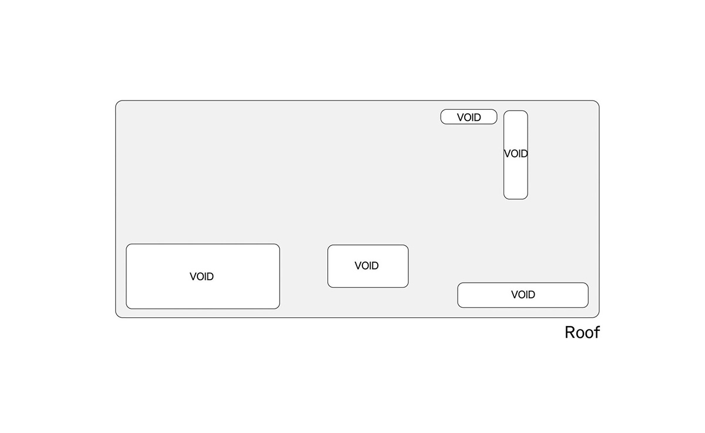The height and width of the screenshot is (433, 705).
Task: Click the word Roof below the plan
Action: pyautogui.click(x=582, y=333)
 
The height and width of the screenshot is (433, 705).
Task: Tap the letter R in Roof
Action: pyautogui.click(x=570, y=333)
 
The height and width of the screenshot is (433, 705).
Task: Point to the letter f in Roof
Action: pyautogui.click(x=596, y=332)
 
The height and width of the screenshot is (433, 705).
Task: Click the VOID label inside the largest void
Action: pyautogui.click(x=202, y=277)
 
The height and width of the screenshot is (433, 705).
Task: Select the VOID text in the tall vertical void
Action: pyautogui.click(x=516, y=154)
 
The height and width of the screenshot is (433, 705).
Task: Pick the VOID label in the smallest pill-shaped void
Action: pyautogui.click(x=469, y=118)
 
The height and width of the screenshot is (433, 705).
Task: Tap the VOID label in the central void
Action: pyautogui.click(x=367, y=266)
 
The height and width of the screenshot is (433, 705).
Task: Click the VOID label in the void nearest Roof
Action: pyautogui.click(x=523, y=295)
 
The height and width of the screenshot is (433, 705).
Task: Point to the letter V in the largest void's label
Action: pyautogui.click(x=193, y=277)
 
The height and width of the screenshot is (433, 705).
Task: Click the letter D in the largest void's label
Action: pyautogui.click(x=210, y=277)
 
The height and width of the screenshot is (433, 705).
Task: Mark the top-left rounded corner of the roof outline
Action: pyautogui.click(x=117, y=103)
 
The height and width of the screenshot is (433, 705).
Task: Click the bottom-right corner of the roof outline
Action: pyautogui.click(x=597, y=315)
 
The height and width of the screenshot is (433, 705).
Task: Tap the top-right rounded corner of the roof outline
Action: pyautogui.click(x=597, y=103)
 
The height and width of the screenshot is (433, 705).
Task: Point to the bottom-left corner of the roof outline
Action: pyautogui.click(x=117, y=315)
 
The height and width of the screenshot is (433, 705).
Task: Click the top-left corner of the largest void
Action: pyautogui.click(x=129, y=246)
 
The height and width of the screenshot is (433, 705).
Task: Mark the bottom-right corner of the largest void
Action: pyautogui.click(x=277, y=306)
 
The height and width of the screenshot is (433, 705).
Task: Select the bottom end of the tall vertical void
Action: pyautogui.click(x=516, y=198)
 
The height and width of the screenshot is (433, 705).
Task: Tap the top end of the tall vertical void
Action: pyautogui.click(x=516, y=112)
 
